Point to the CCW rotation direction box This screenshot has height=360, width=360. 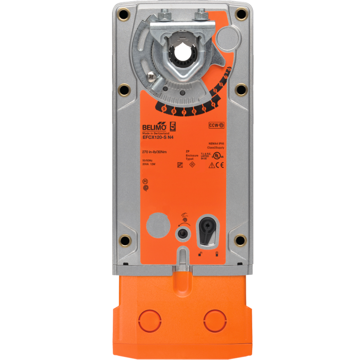click(216, 125)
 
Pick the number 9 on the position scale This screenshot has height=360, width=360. click(164, 108)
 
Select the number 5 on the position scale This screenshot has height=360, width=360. click(204, 108)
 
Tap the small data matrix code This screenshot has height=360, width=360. click(180, 165)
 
